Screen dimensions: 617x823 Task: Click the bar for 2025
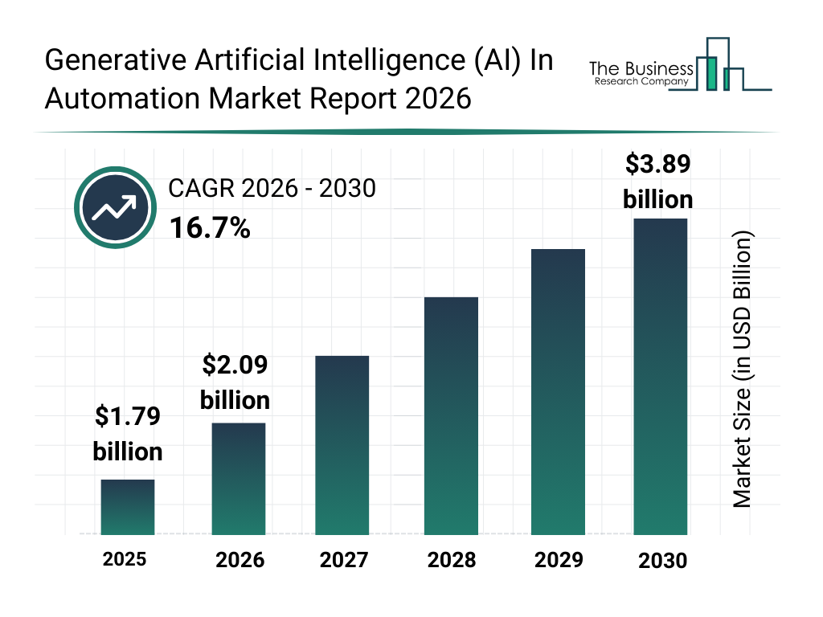[x=128, y=507]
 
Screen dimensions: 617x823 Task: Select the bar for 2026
[x=239, y=478]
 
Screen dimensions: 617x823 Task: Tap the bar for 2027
[x=342, y=445]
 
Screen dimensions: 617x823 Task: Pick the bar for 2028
[x=451, y=415]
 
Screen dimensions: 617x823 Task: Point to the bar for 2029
[x=559, y=391]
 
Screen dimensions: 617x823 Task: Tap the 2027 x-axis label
[x=344, y=560]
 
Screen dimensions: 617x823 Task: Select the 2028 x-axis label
[x=451, y=560]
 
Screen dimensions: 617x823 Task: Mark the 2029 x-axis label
[x=559, y=560]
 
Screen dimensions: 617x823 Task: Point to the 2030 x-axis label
[x=663, y=561]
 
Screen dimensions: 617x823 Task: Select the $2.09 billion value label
[x=235, y=382]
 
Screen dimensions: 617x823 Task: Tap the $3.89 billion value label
[x=658, y=182]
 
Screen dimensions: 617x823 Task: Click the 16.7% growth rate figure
[x=210, y=229]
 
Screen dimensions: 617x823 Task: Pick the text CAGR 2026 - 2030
[x=272, y=189]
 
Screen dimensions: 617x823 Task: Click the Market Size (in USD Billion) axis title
[x=743, y=370]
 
